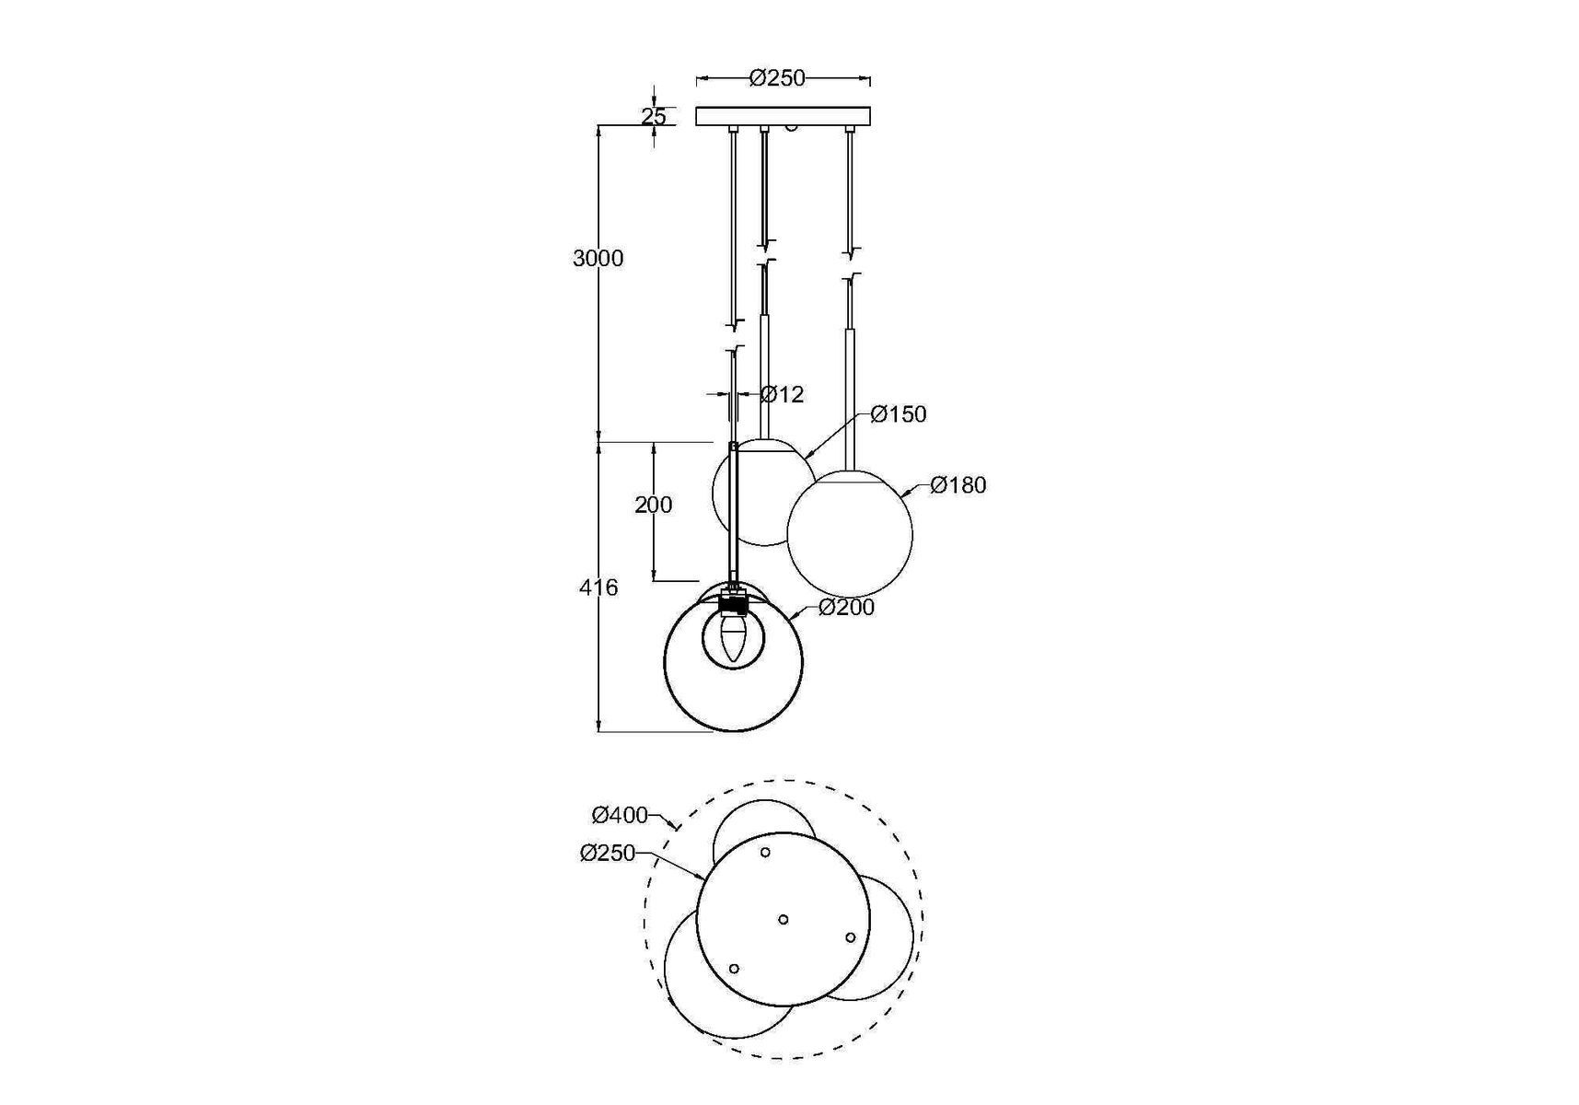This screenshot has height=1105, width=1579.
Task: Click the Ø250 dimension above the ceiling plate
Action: coord(777,78)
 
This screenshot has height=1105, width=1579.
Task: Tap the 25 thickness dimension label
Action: coord(654,117)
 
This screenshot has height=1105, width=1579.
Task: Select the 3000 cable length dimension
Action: coord(598,259)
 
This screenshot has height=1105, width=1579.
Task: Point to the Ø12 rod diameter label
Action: coord(783,395)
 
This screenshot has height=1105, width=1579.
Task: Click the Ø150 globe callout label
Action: coord(898,414)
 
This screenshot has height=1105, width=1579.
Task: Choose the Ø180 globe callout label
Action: coord(958,485)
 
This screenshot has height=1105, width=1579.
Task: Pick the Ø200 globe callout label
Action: coord(846,608)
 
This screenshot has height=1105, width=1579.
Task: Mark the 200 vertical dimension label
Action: coord(654,505)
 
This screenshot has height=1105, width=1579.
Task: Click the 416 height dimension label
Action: coord(598,587)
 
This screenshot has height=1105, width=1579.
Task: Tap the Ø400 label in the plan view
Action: coord(620,815)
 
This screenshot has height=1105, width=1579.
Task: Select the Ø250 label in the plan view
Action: coord(608,854)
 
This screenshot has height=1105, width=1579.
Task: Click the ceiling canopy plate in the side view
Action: coord(783,116)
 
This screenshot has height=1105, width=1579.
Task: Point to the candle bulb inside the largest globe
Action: coord(733,637)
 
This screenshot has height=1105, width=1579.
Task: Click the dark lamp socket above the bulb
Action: coord(733,605)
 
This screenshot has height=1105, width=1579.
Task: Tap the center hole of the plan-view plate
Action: coord(784,919)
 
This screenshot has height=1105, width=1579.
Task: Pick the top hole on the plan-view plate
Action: coord(765,853)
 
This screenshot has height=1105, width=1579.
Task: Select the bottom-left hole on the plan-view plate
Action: coord(734,969)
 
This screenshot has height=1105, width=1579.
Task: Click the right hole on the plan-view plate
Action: coord(851,937)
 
